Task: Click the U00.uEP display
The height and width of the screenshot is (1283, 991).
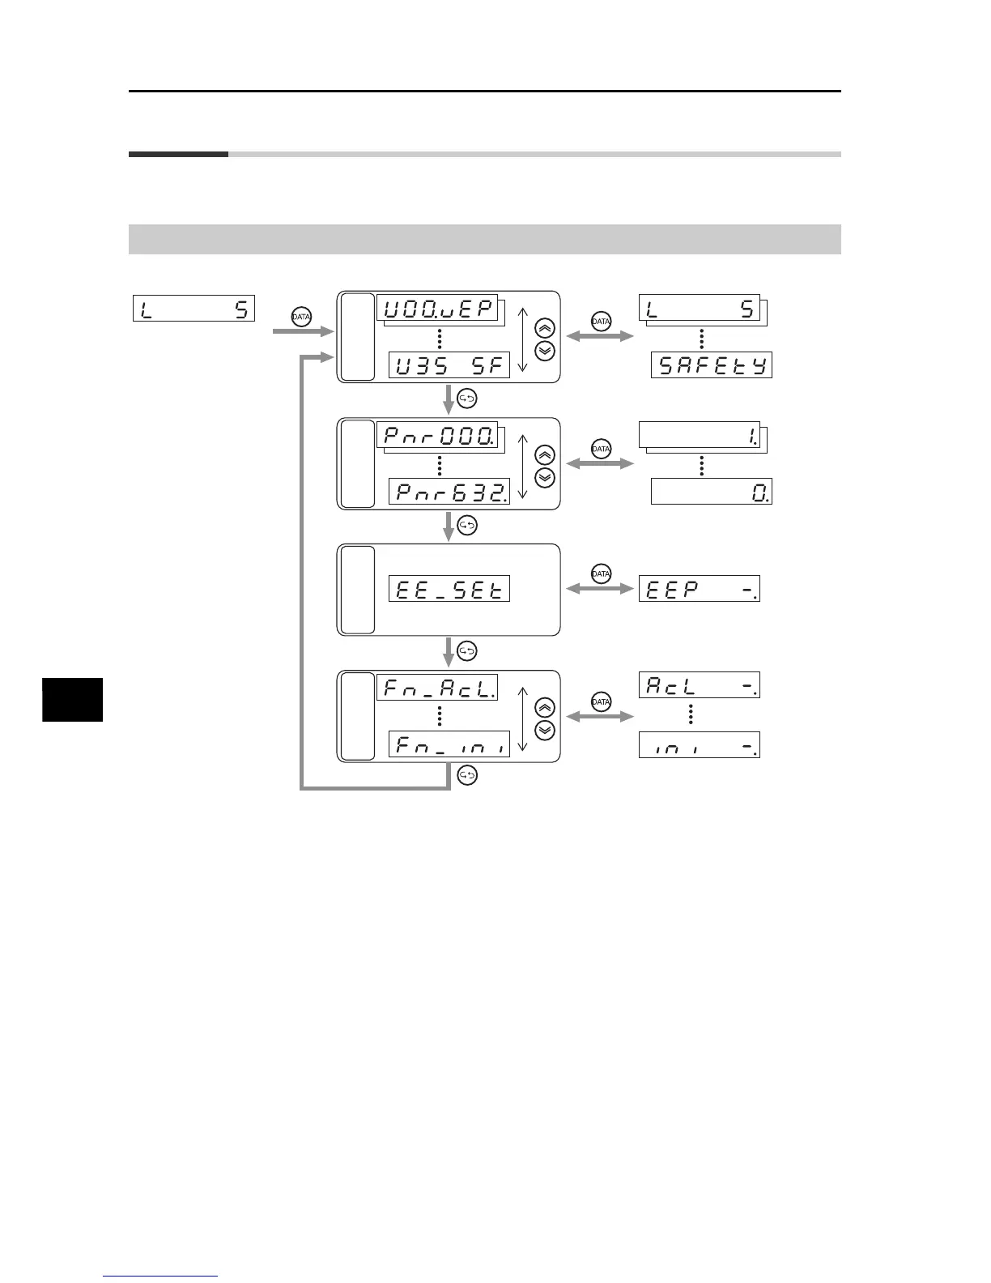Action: pyautogui.click(x=437, y=308)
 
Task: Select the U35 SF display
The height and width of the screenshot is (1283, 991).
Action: pyautogui.click(x=449, y=365)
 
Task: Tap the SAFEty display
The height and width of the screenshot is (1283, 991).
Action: pyautogui.click(x=712, y=365)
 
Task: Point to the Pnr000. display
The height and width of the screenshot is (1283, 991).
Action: pyautogui.click(x=437, y=435)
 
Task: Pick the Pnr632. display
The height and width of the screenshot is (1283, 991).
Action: pyautogui.click(x=449, y=492)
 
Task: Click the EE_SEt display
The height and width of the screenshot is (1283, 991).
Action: pyautogui.click(x=449, y=589)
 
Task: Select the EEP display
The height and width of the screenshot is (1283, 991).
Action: pyautogui.click(x=700, y=589)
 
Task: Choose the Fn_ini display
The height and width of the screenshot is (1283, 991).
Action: pyautogui.click(x=449, y=744)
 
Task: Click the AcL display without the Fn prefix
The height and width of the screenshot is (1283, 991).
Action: pyautogui.click(x=700, y=685)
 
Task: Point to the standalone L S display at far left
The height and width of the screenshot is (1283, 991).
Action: pyautogui.click(x=194, y=308)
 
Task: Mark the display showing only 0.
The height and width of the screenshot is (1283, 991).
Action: pyautogui.click(x=712, y=492)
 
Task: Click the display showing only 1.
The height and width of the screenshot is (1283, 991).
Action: pyautogui.click(x=700, y=435)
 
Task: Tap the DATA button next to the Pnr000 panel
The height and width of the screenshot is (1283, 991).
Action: pyautogui.click(x=601, y=448)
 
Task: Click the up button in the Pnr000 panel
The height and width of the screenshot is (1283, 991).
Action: pyautogui.click(x=546, y=454)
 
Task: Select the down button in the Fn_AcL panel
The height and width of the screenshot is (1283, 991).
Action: pyautogui.click(x=546, y=730)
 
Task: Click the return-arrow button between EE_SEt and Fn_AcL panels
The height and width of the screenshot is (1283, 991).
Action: pyautogui.click(x=467, y=650)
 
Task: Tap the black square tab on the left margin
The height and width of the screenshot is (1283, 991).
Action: pyautogui.click(x=73, y=699)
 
